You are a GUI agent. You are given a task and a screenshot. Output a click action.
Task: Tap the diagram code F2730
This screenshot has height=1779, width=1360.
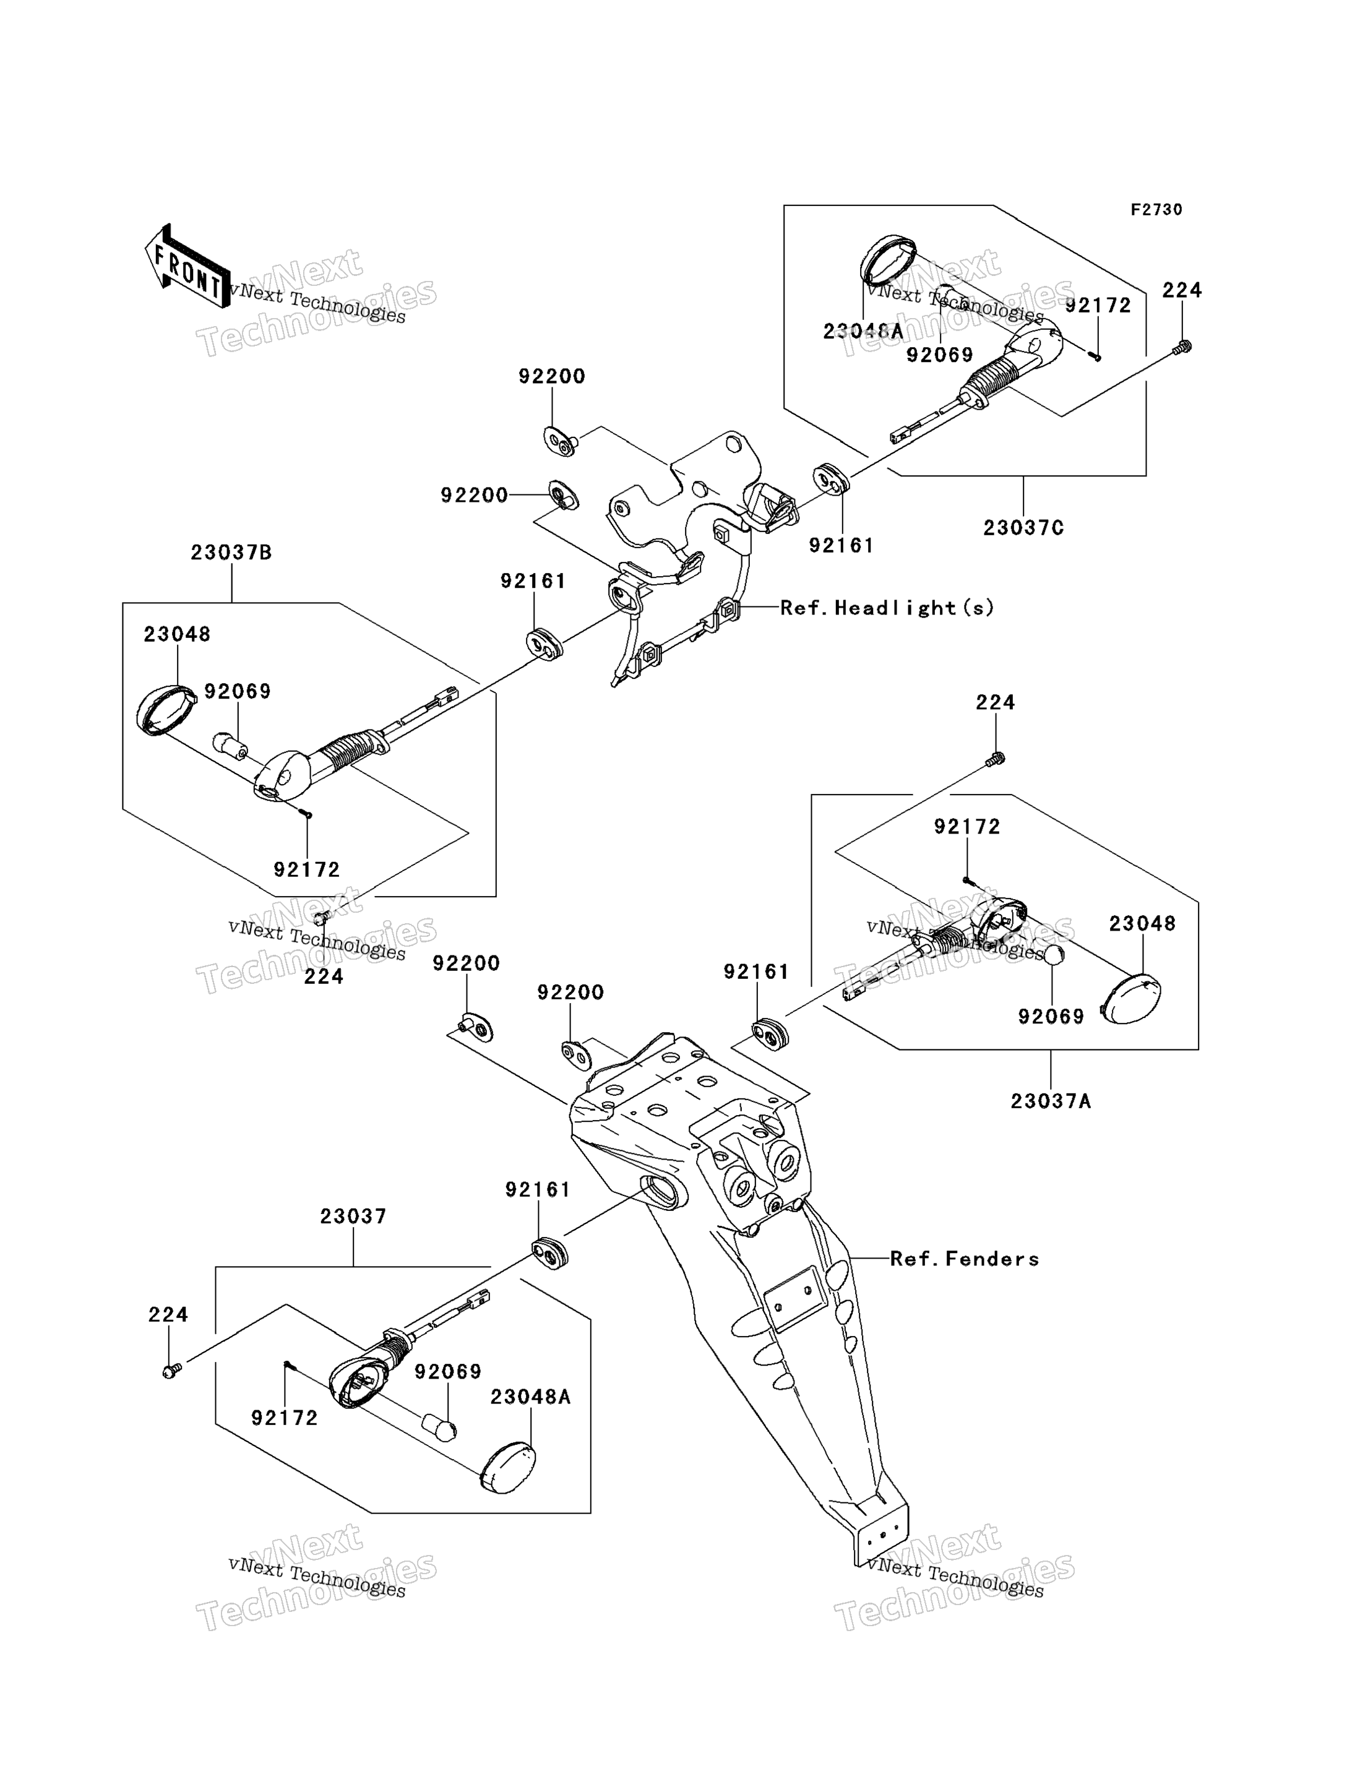[1156, 210]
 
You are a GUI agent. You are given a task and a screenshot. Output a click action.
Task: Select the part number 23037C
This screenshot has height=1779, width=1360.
[1023, 528]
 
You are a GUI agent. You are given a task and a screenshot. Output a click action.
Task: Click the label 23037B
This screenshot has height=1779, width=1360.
[231, 552]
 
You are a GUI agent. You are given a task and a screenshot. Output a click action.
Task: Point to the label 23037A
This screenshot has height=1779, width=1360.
[1051, 1101]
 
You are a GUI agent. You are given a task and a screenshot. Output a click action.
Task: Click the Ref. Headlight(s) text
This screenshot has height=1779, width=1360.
[887, 607]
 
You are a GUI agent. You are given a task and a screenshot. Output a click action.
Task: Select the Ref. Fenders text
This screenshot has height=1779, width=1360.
[964, 1259]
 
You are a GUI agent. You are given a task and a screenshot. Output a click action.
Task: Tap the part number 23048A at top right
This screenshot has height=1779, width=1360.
[863, 331]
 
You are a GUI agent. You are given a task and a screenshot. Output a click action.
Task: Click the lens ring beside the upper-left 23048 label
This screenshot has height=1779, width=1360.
[166, 710]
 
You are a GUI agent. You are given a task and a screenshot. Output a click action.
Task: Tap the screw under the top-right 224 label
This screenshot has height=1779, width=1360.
[1182, 347]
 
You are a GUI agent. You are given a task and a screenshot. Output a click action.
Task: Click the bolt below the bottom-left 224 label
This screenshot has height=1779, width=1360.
[171, 1371]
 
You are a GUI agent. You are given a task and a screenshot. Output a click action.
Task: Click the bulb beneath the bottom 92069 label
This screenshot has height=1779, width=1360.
[439, 1427]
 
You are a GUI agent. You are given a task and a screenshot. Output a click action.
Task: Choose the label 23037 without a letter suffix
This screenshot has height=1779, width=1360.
[353, 1216]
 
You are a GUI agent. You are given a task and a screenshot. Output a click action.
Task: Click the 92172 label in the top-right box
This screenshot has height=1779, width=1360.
[1098, 305]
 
